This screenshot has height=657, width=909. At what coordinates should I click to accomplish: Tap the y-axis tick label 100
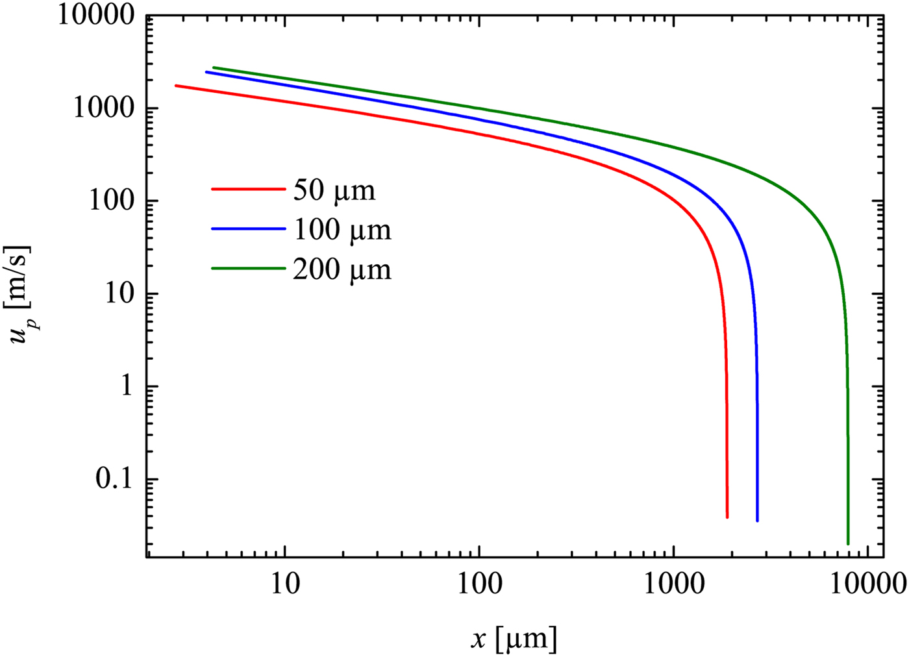(112, 201)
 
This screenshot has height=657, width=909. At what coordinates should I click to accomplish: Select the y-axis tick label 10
(120, 293)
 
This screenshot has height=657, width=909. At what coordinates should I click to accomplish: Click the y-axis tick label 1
(128, 386)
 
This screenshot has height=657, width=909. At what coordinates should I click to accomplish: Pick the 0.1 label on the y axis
(116, 479)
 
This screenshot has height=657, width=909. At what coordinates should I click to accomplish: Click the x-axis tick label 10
(284, 584)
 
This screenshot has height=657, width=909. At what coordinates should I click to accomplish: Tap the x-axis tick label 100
(479, 584)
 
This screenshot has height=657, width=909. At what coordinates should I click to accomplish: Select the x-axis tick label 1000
(673, 584)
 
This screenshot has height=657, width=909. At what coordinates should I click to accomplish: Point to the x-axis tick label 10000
(867, 584)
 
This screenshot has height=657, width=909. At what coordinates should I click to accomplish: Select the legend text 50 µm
(334, 190)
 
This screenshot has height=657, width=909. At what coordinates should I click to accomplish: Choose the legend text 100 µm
(342, 230)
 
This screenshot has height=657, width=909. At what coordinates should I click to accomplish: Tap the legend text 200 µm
(342, 269)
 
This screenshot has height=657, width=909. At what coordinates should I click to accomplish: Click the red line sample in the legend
(248, 190)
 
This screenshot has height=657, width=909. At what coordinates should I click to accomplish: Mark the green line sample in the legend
(248, 269)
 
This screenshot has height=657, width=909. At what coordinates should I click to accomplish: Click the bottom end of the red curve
(727, 516)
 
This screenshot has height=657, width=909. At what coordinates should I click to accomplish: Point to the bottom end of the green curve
(848, 543)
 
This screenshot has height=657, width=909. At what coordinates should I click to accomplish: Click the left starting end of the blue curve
(207, 72)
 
